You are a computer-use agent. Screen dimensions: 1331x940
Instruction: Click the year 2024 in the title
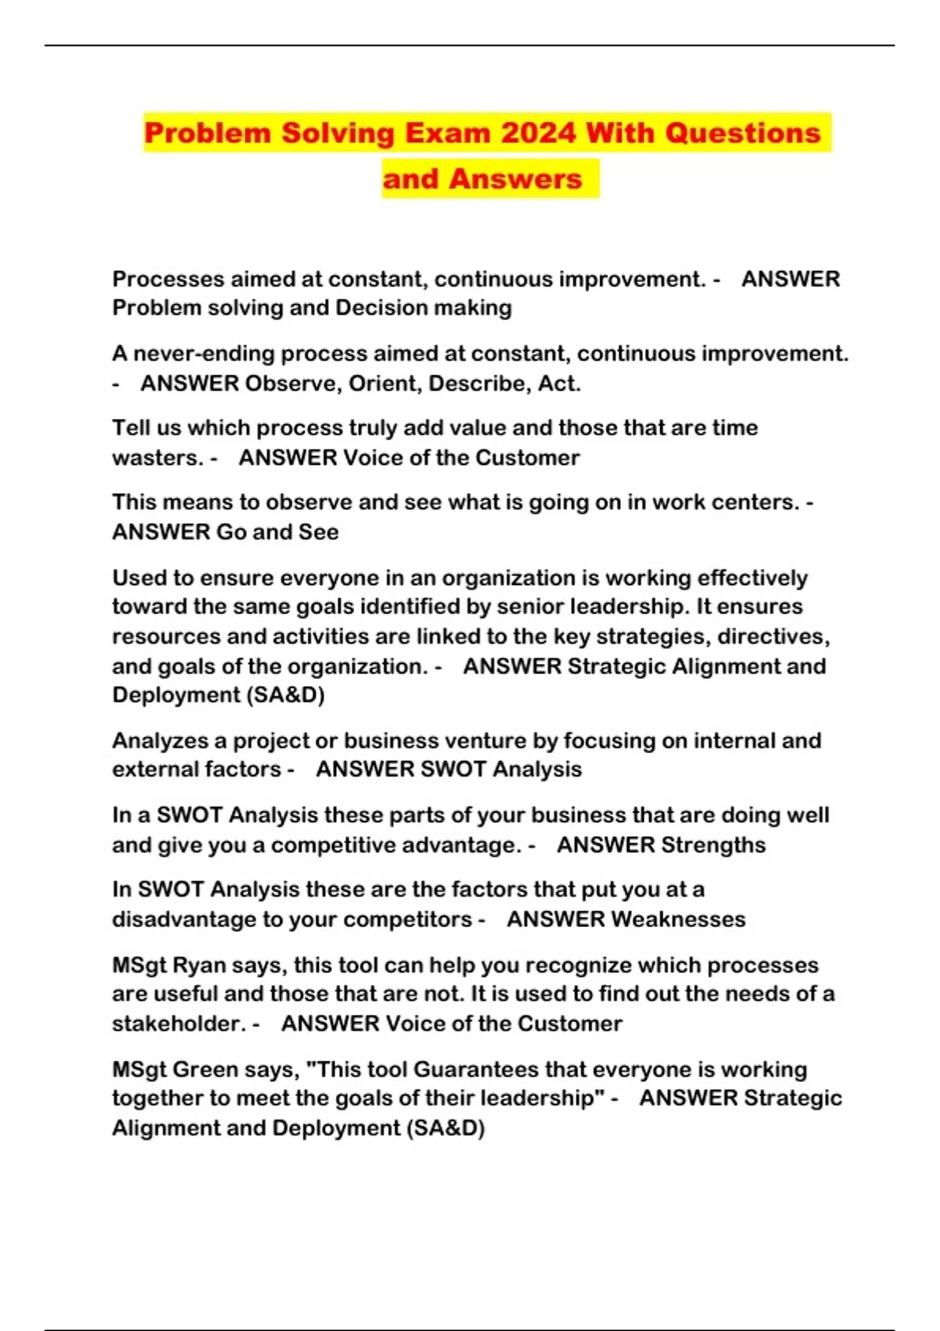coord(538,133)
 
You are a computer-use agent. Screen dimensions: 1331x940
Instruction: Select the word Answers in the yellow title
coord(515,179)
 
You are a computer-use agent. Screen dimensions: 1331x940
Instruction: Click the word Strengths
coord(713,846)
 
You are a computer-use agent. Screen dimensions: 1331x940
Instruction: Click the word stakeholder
coord(178,1024)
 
